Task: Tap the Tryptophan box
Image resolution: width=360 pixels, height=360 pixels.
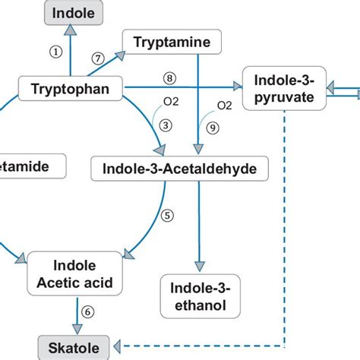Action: (70, 90)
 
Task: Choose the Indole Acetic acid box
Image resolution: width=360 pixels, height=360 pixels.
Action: (75, 274)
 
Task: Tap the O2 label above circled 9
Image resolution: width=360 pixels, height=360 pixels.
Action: (225, 106)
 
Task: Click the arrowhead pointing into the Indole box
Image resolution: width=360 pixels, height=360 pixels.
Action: (70, 30)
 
